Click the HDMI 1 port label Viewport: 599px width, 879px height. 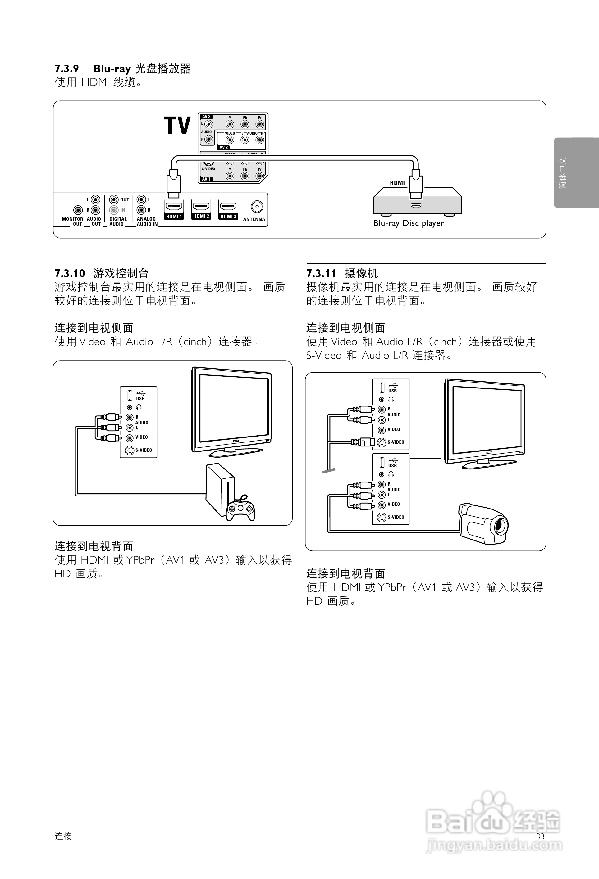[x=174, y=216]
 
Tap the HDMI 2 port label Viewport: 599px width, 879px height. [x=201, y=216]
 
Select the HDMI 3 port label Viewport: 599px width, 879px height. [x=228, y=216]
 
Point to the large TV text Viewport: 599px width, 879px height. [x=177, y=126]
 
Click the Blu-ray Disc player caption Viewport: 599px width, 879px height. [x=409, y=223]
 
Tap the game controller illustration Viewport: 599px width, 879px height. [x=241, y=508]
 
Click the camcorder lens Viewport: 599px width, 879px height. [x=501, y=525]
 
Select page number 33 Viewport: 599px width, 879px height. [x=540, y=836]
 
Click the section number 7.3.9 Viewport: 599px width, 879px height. [x=66, y=69]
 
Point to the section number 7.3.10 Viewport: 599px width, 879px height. [x=70, y=273]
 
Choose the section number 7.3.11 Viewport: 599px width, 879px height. [x=321, y=273]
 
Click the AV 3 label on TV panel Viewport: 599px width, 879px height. [x=206, y=117]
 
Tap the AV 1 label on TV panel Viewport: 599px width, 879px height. [x=206, y=179]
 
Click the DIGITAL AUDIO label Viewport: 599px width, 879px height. [x=118, y=221]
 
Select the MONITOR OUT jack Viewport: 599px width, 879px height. [x=78, y=210]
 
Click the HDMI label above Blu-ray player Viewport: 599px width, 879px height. [x=397, y=183]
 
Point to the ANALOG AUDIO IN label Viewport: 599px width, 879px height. [x=147, y=221]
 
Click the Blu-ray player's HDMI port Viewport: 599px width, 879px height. [x=416, y=206]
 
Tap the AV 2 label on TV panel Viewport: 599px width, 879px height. [x=223, y=147]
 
